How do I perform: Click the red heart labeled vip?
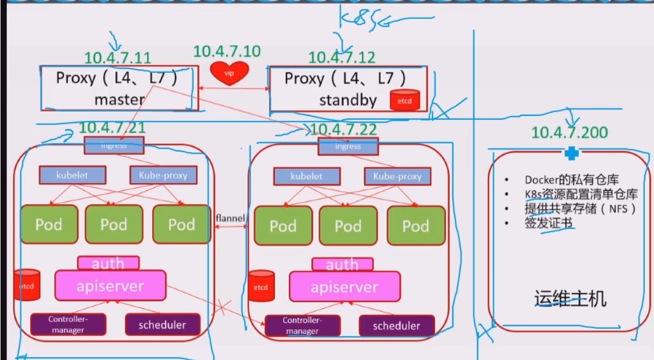(x=229, y=73)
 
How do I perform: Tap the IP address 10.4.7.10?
(x=226, y=51)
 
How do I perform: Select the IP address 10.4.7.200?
(x=569, y=132)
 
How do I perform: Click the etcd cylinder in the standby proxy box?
(x=404, y=100)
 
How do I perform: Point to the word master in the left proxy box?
(x=119, y=99)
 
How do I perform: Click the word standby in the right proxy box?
(x=348, y=100)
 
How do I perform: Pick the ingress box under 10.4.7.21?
(x=114, y=145)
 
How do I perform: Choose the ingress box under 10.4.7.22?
(x=347, y=146)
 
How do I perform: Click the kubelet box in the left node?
(x=72, y=175)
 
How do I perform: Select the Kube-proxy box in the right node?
(x=397, y=176)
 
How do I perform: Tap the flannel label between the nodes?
(x=230, y=218)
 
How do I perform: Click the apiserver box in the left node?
(x=110, y=286)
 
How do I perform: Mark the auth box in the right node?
(x=342, y=265)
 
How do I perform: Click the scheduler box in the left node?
(x=162, y=324)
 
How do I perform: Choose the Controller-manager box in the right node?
(x=302, y=326)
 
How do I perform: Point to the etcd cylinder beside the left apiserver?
(x=27, y=285)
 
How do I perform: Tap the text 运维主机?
(x=570, y=298)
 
